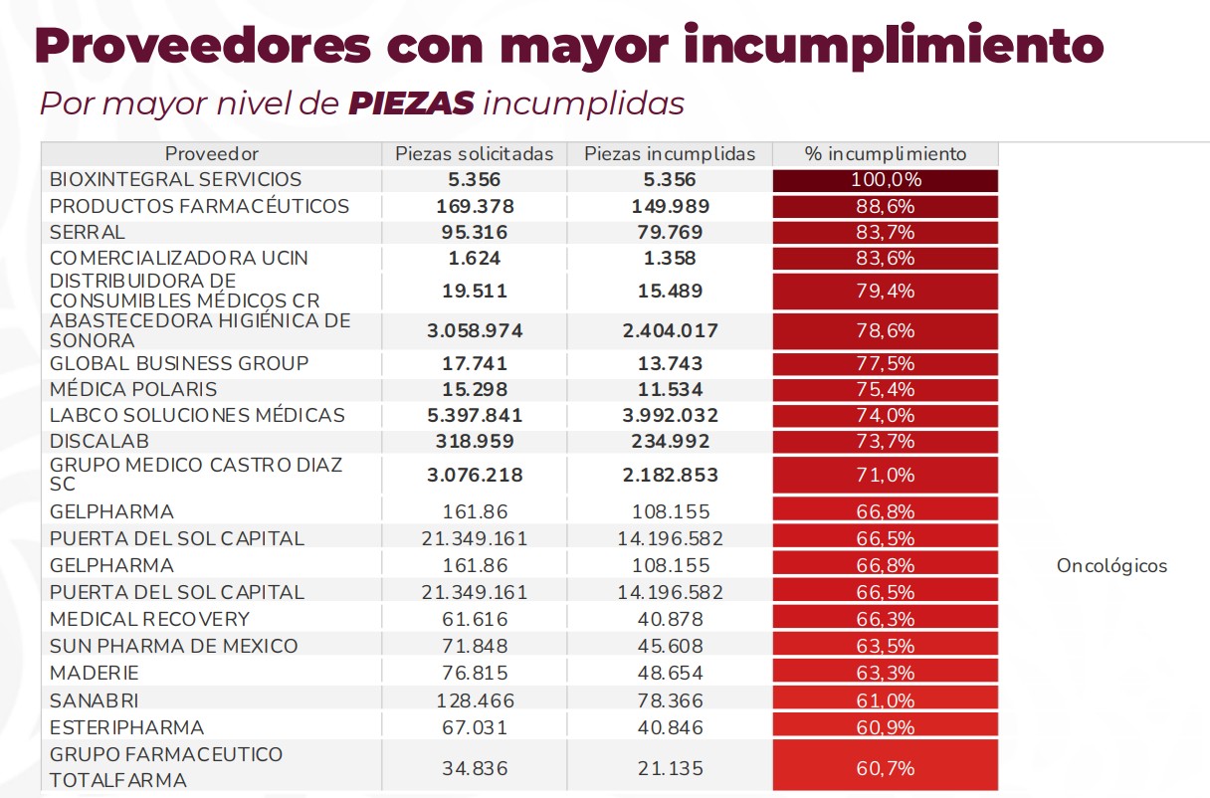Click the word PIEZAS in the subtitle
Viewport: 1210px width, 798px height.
pos(411,103)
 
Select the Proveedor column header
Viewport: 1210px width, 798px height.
pos(211,154)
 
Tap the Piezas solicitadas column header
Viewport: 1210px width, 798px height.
pos(474,154)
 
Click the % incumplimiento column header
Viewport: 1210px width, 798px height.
pos(885,154)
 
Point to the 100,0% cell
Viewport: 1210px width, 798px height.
pos(885,180)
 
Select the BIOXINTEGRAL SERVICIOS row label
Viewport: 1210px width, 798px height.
pos(175,180)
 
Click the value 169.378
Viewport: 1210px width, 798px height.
pos(474,206)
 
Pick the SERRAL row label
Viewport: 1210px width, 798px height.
pos(88,232)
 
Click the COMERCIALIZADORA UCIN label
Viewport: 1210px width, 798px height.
pos(179,258)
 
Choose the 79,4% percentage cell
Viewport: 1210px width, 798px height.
pos(885,291)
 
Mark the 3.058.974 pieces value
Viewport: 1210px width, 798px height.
pos(474,330)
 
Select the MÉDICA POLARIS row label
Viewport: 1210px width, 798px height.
pos(133,389)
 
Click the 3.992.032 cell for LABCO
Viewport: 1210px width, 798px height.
pos(669,415)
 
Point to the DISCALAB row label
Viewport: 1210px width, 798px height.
pos(100,441)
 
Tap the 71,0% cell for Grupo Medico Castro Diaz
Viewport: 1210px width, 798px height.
pos(885,475)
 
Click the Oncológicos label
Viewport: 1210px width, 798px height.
pos(1111,566)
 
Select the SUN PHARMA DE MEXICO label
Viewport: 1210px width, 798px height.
pos(173,646)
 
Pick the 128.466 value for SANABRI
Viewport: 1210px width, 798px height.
pos(474,699)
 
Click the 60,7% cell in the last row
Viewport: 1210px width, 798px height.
pos(885,768)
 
